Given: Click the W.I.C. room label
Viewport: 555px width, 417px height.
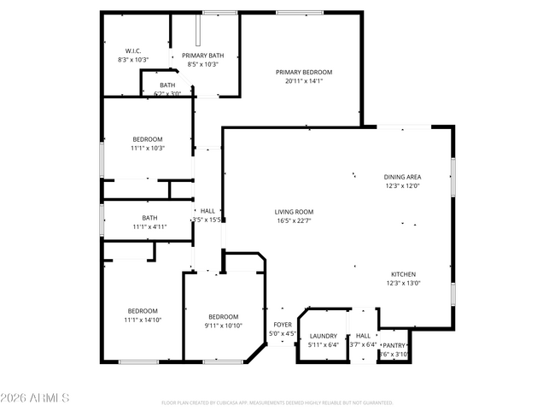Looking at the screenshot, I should pyautogui.click(x=133, y=50).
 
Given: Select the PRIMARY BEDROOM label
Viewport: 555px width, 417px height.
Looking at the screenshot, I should pyautogui.click(x=303, y=73).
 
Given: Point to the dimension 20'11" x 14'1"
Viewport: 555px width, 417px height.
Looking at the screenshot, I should pyautogui.click(x=303, y=82).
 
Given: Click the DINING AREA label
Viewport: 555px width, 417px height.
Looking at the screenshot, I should pyautogui.click(x=401, y=176).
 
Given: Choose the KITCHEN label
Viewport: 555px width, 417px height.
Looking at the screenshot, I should pyautogui.click(x=403, y=274).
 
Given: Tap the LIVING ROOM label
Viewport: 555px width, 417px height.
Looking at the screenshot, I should pyautogui.click(x=294, y=212).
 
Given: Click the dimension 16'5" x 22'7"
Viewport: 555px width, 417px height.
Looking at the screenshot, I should pyautogui.click(x=294, y=220).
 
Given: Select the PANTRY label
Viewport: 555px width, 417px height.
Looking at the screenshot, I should pyautogui.click(x=394, y=345).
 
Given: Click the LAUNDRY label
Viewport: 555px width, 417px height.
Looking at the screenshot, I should pyautogui.click(x=324, y=336).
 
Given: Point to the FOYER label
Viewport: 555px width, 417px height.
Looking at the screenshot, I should pyautogui.click(x=282, y=325).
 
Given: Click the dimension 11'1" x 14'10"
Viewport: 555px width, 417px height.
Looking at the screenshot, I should pyautogui.click(x=143, y=320).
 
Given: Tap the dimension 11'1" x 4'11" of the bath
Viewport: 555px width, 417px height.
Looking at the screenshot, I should pyautogui.click(x=149, y=226).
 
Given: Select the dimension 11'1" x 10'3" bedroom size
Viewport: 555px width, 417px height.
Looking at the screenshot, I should pyautogui.click(x=148, y=148).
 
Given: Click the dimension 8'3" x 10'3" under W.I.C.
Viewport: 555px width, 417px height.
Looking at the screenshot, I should pyautogui.click(x=133, y=60).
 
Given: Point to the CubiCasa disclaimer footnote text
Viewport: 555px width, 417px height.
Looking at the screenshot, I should pyautogui.click(x=277, y=402).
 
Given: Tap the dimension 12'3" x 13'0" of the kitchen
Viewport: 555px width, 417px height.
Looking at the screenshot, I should pyautogui.click(x=403, y=284).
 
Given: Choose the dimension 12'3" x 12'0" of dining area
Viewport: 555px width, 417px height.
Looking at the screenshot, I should pyautogui.click(x=401, y=185).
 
